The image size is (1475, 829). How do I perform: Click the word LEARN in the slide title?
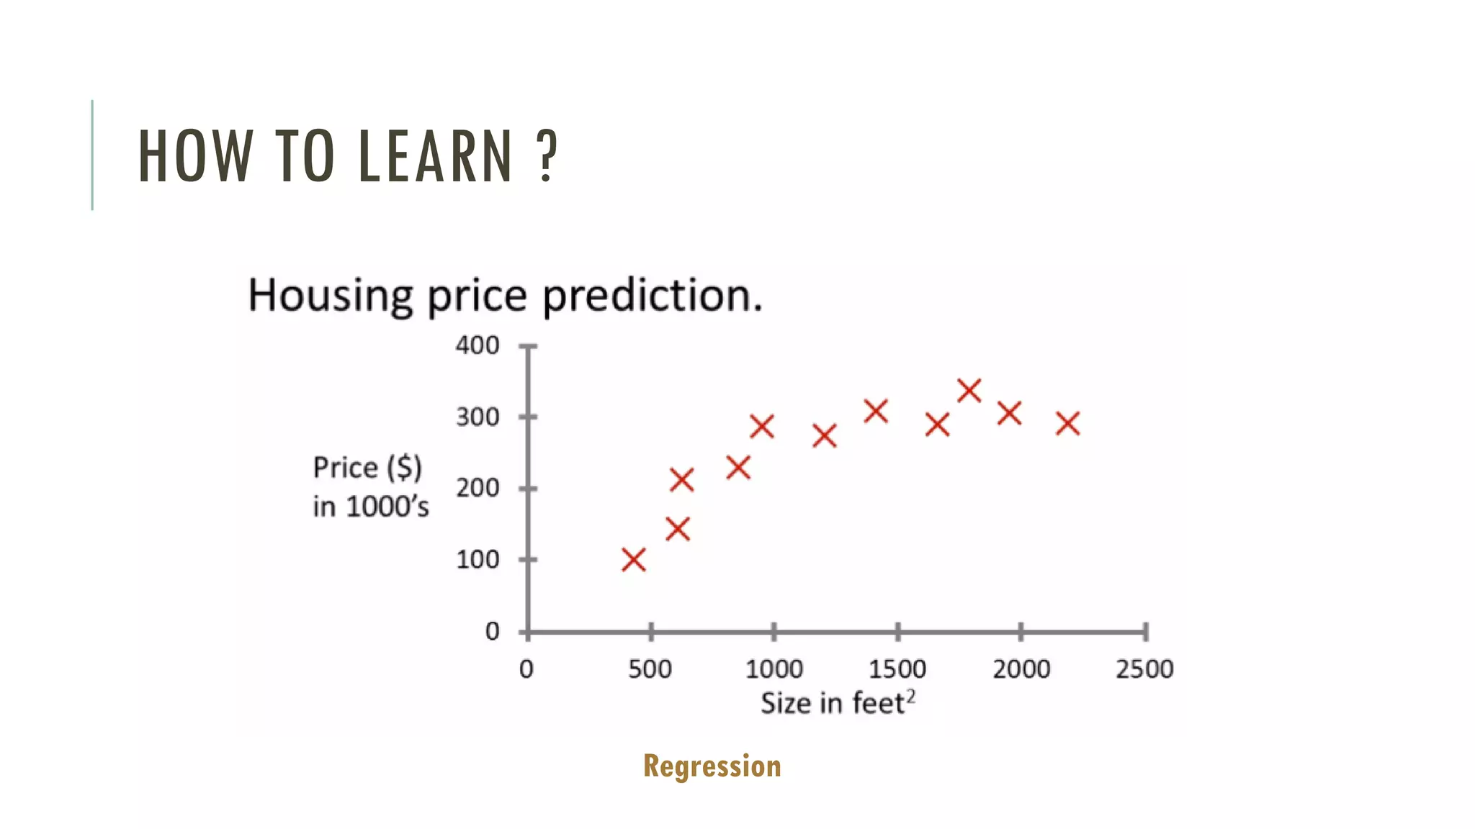tap(434, 155)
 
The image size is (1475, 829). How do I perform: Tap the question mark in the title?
tap(547, 155)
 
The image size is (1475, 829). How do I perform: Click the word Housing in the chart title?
tap(330, 295)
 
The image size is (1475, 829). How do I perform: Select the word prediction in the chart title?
tap(652, 295)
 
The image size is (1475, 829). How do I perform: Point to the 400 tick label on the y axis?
tap(477, 345)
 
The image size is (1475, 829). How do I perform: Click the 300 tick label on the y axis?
tap(477, 417)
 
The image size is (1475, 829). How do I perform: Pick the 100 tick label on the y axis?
tap(477, 559)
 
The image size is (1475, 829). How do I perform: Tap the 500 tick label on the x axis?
tap(650, 669)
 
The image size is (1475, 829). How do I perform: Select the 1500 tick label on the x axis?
tap(897, 669)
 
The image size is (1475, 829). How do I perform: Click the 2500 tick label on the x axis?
tap(1144, 669)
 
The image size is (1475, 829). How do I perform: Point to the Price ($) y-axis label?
tap(367, 468)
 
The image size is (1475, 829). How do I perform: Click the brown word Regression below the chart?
tap(712, 766)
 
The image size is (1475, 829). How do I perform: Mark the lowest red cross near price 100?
tap(634, 560)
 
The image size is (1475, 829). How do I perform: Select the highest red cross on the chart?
tap(969, 391)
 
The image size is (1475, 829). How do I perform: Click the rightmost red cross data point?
tap(1068, 423)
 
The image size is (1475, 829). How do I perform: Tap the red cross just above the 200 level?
tap(681, 479)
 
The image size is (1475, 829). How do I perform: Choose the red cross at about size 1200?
tap(825, 435)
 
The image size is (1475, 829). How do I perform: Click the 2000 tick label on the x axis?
tap(1021, 669)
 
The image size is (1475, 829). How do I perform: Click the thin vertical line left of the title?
tap(92, 155)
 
